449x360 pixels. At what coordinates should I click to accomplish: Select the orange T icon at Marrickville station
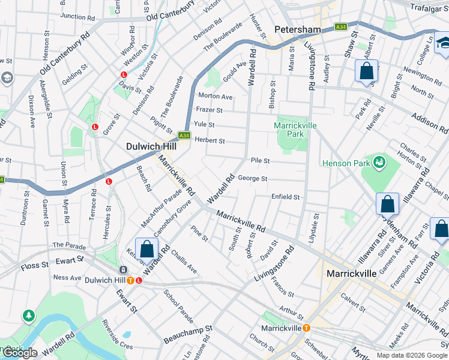coord(306,328)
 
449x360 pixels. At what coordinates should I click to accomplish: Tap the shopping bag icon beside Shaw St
coord(366,71)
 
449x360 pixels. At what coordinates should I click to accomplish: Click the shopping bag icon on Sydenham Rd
coord(388,204)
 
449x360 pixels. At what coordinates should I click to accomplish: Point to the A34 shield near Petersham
coord(340,27)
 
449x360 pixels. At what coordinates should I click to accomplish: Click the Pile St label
coord(260,161)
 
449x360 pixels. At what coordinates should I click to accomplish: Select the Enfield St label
coord(285,197)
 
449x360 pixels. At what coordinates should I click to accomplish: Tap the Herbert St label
coord(209,141)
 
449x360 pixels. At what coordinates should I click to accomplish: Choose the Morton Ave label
coord(215,97)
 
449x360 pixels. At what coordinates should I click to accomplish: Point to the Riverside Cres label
coord(118,346)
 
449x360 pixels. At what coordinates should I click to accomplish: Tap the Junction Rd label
coord(78,17)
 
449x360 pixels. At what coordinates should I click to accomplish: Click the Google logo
coord(19,353)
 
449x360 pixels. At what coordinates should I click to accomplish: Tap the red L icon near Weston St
coord(124,74)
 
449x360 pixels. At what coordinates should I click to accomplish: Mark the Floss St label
coord(34,265)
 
